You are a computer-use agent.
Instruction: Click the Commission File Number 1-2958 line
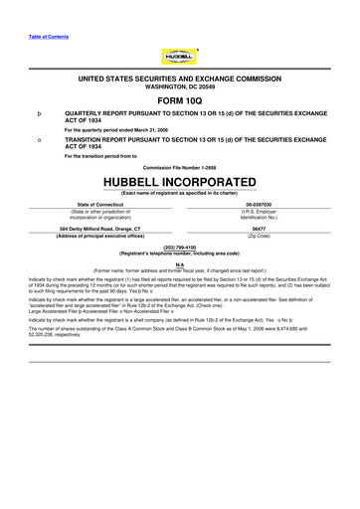[180, 168]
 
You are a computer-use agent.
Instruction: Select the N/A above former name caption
[180, 263]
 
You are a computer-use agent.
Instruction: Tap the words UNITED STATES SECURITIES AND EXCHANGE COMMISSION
[180, 78]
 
